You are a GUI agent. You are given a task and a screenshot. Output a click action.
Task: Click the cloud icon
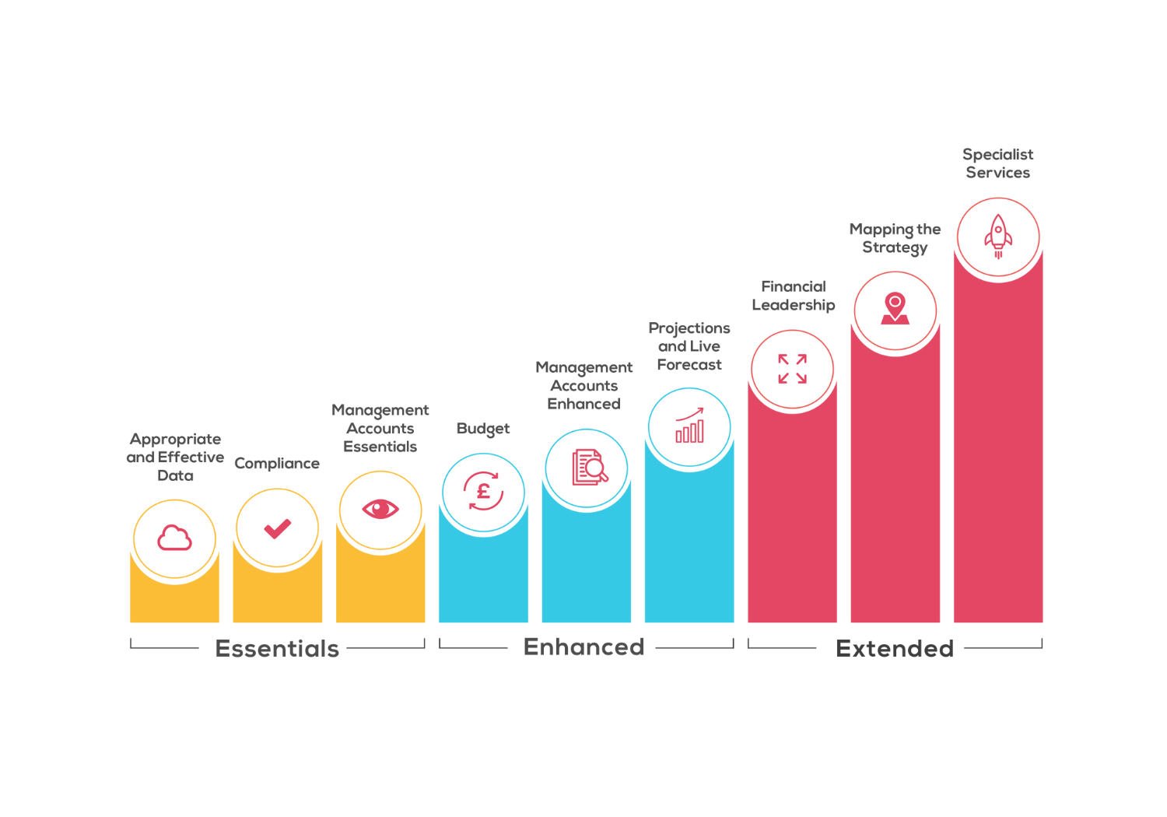pos(174,538)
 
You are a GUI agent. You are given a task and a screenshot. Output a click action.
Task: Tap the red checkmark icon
pos(277,528)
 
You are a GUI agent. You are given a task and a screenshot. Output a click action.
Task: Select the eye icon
pos(380,509)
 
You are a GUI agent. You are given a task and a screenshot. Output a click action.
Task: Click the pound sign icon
pos(483,492)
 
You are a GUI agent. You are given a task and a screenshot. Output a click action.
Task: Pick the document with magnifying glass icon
pos(589,468)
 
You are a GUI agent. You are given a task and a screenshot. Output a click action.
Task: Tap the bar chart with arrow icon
pos(689,426)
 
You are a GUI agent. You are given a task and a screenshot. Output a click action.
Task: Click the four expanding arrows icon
pos(792,369)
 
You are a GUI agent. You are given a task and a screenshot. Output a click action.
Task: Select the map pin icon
pos(895,309)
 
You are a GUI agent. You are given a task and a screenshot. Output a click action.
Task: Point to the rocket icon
pos(998,236)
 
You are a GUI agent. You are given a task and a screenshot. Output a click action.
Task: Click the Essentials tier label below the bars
pos(277,648)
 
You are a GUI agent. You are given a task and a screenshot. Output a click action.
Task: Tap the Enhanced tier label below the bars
pos(583,647)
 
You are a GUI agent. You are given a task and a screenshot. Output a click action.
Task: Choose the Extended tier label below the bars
pos(894,648)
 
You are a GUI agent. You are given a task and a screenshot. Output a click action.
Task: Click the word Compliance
pos(277,464)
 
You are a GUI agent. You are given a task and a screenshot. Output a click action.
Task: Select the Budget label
pos(483,429)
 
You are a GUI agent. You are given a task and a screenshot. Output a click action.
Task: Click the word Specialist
pos(997,154)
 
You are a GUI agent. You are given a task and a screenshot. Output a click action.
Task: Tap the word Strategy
pos(895,247)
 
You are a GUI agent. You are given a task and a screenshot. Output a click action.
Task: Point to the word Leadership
pos(793,305)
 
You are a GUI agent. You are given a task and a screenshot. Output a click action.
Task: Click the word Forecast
pos(689,365)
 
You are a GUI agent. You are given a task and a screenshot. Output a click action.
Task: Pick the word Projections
pos(689,328)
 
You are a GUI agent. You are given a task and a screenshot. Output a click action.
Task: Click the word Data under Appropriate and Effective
pos(175,475)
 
